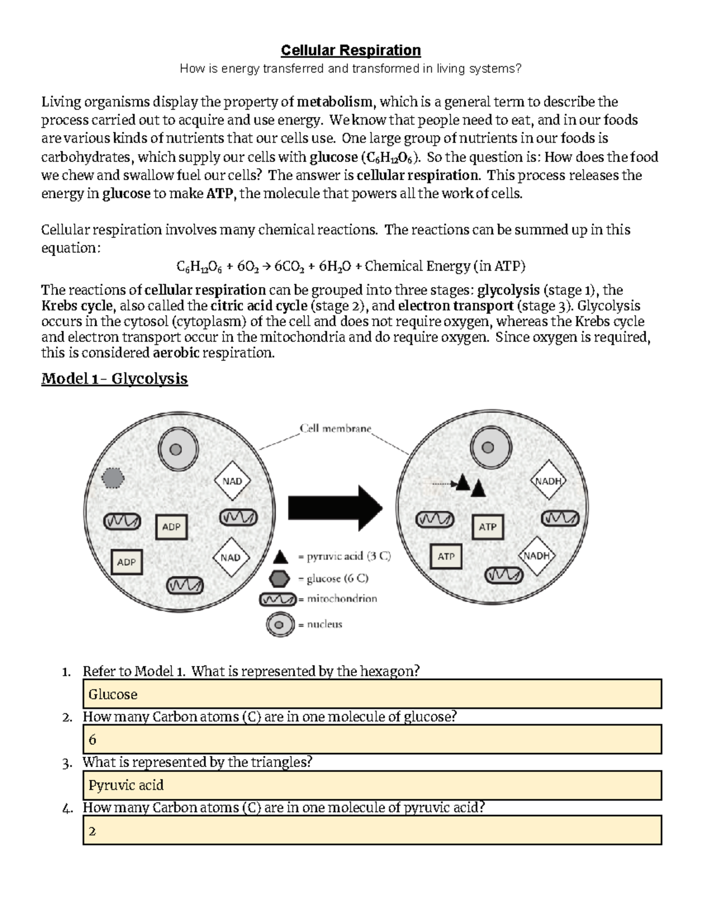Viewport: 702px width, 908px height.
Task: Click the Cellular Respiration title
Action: click(350, 50)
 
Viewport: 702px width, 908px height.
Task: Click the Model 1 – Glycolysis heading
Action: click(114, 379)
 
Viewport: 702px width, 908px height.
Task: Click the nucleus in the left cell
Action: click(175, 450)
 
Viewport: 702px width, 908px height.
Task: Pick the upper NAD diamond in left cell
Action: click(232, 481)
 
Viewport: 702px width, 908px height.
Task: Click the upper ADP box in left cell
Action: click(171, 527)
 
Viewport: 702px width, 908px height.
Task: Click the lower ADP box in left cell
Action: click(126, 562)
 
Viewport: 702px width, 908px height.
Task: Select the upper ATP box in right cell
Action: click(487, 527)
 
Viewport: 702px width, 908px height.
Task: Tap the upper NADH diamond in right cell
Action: click(548, 481)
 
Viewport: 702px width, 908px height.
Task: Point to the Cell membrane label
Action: click(335, 429)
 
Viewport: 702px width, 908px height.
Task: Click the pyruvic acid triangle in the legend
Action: click(280, 556)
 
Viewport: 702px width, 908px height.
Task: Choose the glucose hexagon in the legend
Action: click(280, 579)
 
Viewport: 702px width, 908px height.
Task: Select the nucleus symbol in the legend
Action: click(279, 624)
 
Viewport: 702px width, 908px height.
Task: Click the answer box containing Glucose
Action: click(371, 694)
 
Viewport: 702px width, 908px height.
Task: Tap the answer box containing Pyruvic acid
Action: click(371, 785)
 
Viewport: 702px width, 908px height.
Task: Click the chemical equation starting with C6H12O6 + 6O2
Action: click(351, 267)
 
